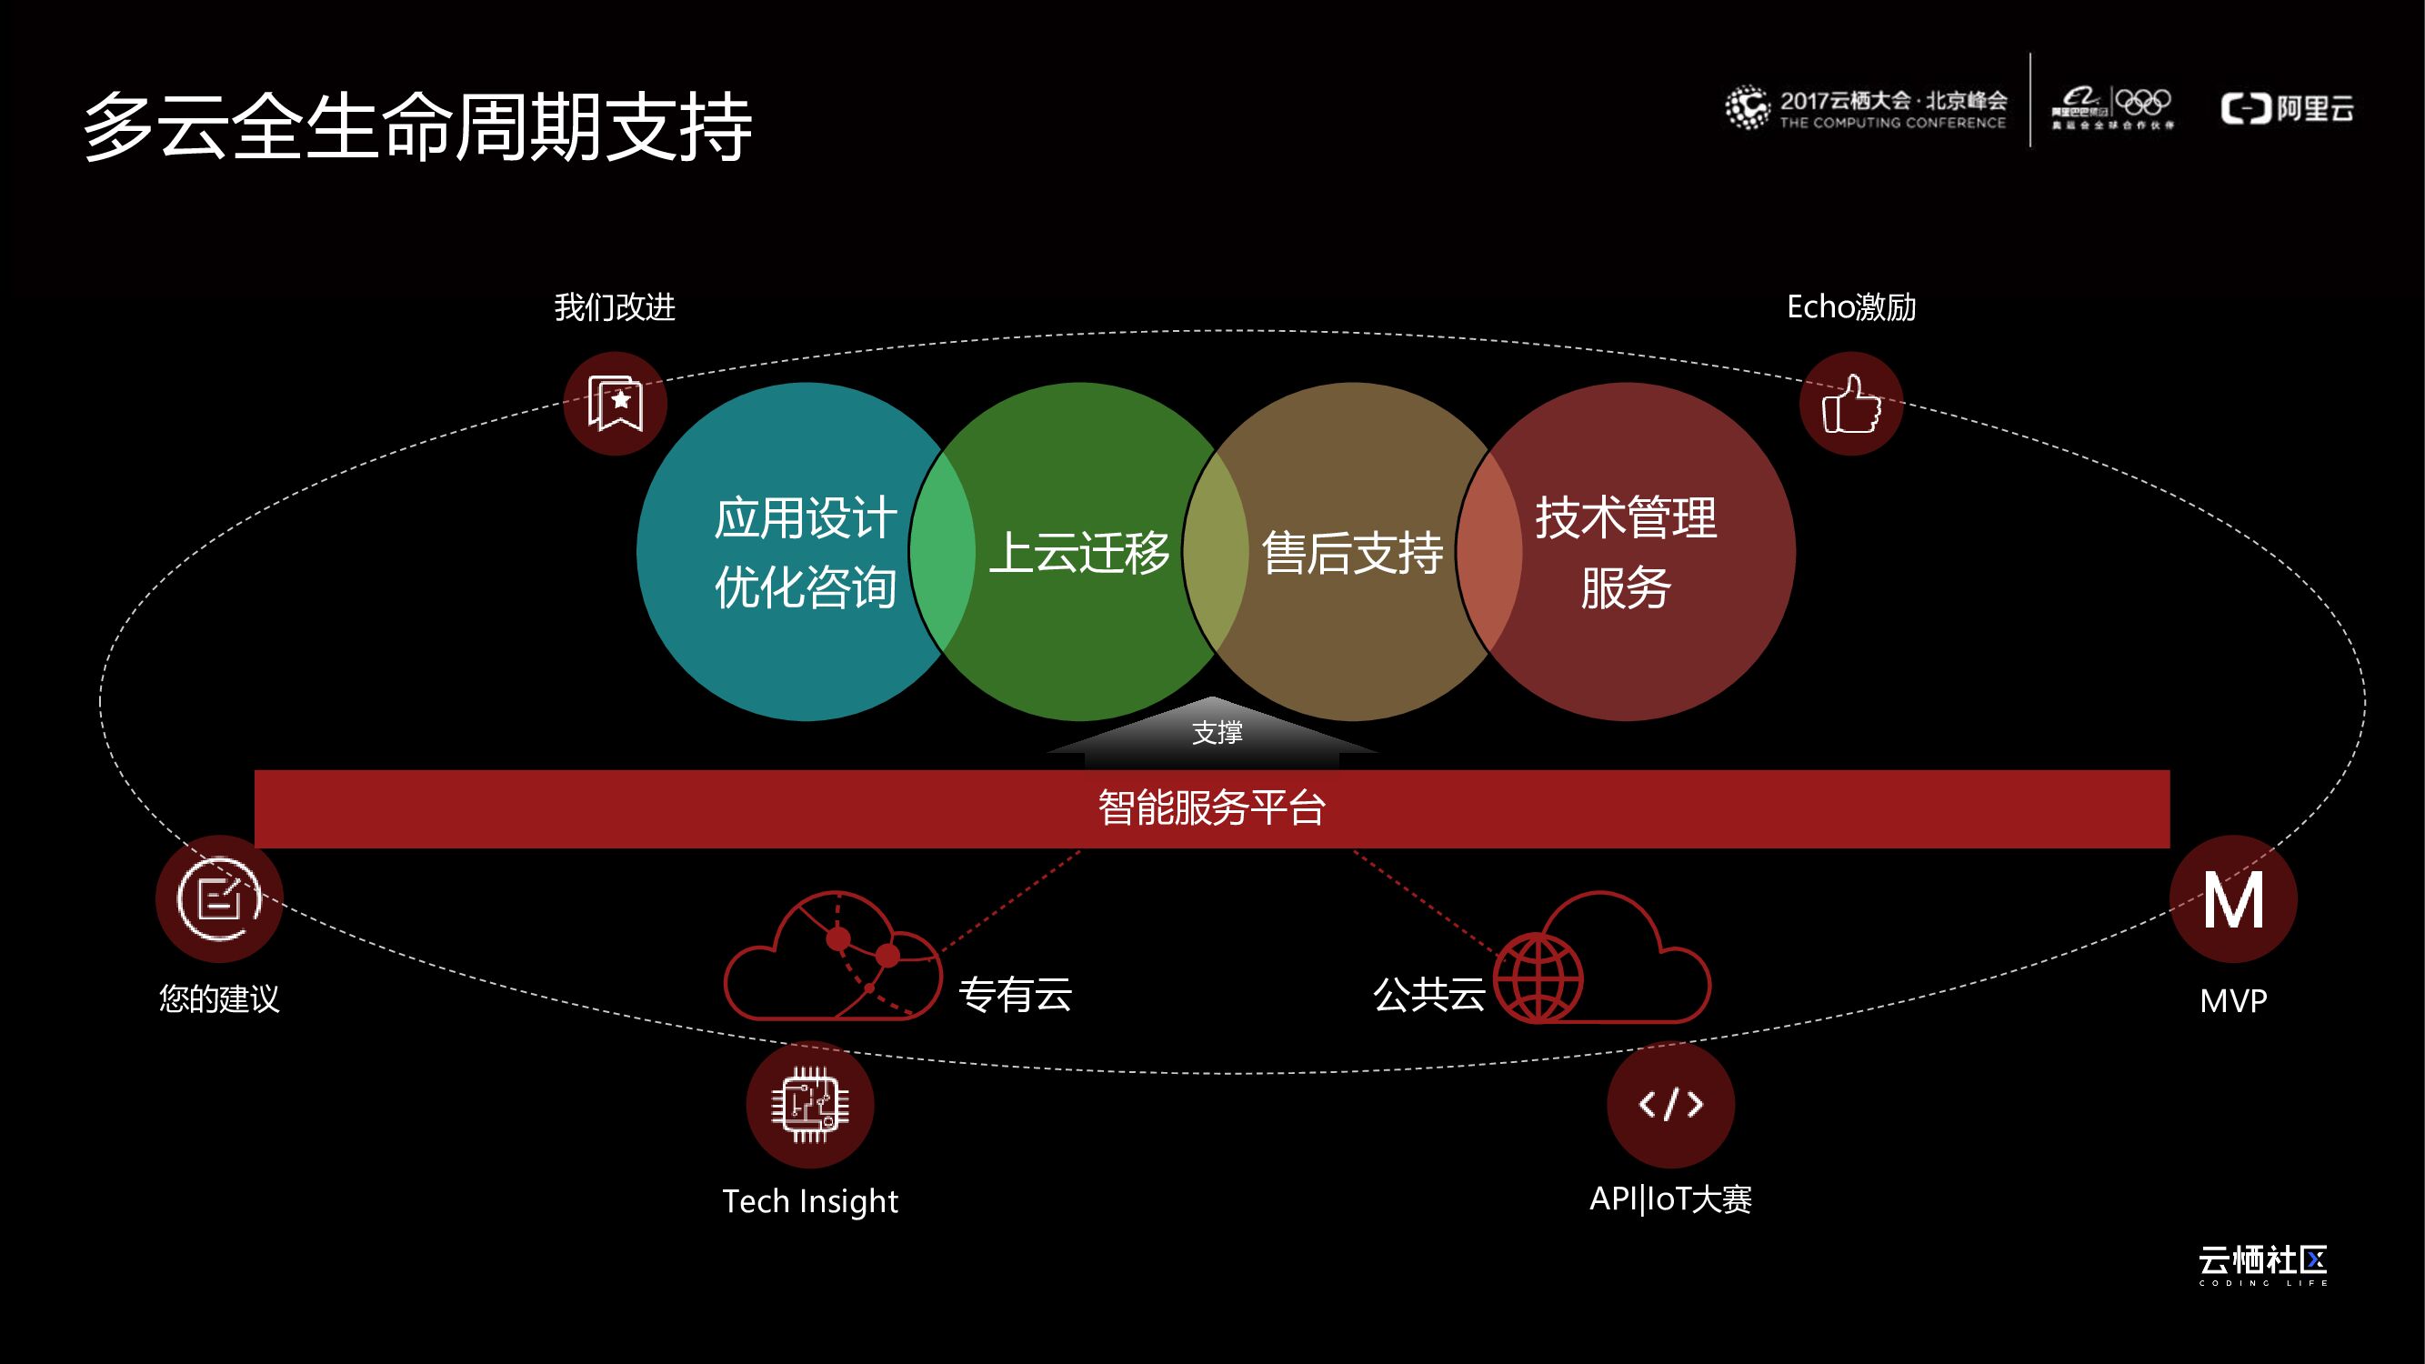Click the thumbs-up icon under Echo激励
coord(1850,404)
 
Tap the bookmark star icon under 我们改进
coord(615,404)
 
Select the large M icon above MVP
coord(2233,900)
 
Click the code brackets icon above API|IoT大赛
coord(1671,1104)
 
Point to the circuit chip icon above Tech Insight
coord(809,1104)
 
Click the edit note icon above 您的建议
coord(219,899)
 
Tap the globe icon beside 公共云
coord(1539,978)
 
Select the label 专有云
coord(1015,994)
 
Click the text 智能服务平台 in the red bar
coord(1211,807)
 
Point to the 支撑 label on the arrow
coord(1218,732)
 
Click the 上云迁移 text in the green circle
coord(1078,553)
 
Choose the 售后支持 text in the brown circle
coord(1352,553)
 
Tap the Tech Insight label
coord(809,1201)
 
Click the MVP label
coord(2233,1000)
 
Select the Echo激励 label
coord(1850,306)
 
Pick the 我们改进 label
coord(615,306)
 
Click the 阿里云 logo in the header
coord(2288,108)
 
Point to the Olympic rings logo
coord(2142,101)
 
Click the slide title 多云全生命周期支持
coord(418,127)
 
